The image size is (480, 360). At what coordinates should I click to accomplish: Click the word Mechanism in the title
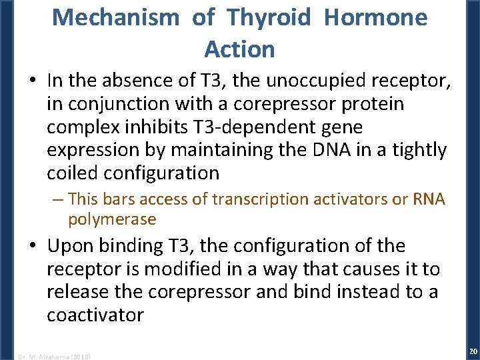115,18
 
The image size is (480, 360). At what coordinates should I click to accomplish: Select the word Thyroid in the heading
269,18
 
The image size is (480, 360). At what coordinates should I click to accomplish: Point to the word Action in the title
239,49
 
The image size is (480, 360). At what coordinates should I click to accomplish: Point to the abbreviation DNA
321,150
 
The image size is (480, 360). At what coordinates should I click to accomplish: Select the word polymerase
111,219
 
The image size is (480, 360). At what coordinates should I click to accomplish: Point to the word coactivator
95,314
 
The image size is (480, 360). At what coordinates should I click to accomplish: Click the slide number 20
473,351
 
